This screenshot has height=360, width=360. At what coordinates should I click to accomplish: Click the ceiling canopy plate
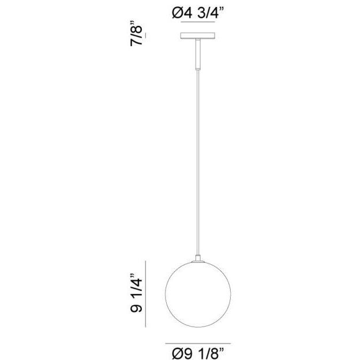pyautogui.click(x=197, y=37)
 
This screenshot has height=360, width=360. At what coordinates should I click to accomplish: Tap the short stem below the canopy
pyautogui.click(x=197, y=55)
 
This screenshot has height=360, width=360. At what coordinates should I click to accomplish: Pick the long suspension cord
pyautogui.click(x=197, y=162)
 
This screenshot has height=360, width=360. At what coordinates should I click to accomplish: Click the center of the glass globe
pyautogui.click(x=197, y=294)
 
